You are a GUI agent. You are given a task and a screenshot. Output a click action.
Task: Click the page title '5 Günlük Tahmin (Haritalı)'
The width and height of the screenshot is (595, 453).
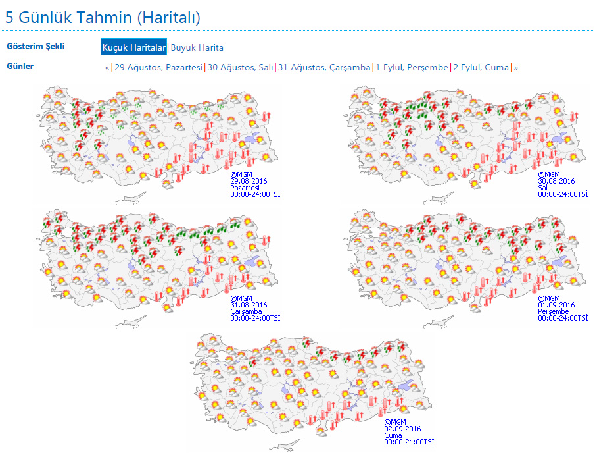point(103,17)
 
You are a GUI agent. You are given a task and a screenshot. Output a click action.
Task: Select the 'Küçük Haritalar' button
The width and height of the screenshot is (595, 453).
point(133,47)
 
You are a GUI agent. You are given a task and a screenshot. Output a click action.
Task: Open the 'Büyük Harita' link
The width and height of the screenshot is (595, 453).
point(197,47)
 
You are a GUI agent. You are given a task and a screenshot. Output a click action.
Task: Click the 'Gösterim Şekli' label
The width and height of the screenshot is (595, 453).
point(36,47)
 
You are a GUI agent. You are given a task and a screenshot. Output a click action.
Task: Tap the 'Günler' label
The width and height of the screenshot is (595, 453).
point(20,66)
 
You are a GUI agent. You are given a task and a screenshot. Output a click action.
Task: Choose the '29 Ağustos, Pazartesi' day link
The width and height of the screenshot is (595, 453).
point(158,67)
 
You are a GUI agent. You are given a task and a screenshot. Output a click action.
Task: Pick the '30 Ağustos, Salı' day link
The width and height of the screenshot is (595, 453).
point(240,67)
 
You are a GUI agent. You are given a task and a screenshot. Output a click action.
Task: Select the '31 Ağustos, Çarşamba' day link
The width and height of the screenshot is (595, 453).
point(324,67)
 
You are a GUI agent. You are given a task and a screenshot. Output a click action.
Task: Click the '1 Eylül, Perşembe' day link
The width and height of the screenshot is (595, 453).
point(412,67)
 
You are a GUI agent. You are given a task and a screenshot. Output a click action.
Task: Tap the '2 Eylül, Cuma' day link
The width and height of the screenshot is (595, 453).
point(481,67)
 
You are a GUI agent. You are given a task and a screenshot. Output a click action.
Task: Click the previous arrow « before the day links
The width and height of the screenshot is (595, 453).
point(107,67)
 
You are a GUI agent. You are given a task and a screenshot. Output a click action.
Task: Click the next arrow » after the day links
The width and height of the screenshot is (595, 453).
point(516,67)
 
